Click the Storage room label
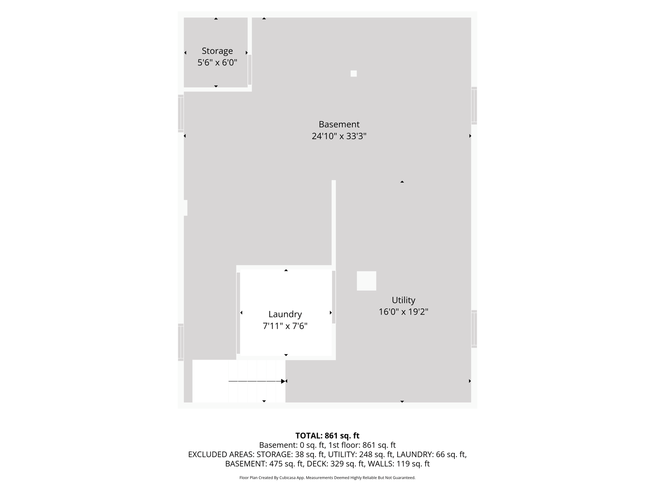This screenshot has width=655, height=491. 217,51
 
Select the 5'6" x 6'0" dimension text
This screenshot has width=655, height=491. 217,63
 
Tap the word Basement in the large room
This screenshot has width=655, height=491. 339,124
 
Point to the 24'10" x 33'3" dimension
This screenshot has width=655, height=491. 339,136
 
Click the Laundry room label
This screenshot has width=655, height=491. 285,314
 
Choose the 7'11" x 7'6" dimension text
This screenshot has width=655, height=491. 285,326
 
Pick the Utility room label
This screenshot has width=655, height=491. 404,300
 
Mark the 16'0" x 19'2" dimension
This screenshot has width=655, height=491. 404,312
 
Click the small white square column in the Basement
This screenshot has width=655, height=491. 354,73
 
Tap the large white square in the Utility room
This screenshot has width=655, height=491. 366,281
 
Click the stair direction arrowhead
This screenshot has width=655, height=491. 283,381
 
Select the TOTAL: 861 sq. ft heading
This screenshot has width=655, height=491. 327,436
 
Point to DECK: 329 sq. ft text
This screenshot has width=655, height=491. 336,464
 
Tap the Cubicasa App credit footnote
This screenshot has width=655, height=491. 327,478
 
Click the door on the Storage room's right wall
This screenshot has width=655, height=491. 250,70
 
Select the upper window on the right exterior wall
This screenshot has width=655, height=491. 474,106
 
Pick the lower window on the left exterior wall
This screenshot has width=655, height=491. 181,342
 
